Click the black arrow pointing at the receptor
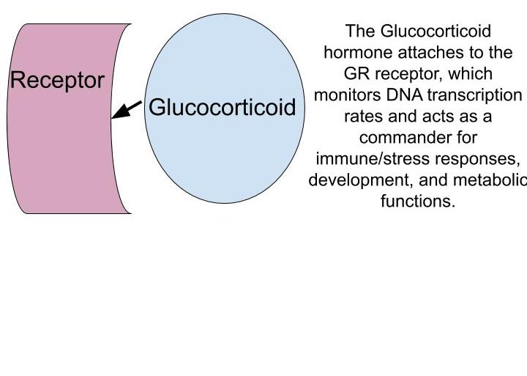tap(127, 109)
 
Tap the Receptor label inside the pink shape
tap(57, 81)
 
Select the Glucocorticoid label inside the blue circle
tap(223, 108)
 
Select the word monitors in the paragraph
tap(348, 95)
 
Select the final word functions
tap(418, 201)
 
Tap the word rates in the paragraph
tap(364, 116)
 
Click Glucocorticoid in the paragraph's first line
tap(436, 32)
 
